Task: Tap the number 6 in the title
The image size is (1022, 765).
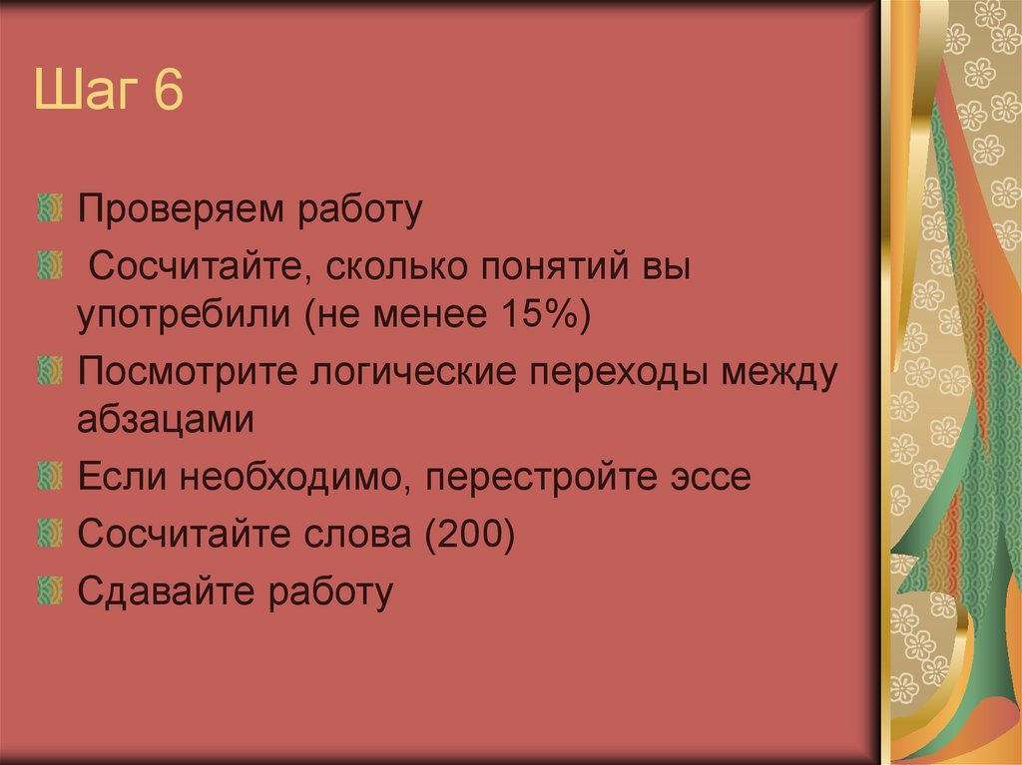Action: pos(169,101)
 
